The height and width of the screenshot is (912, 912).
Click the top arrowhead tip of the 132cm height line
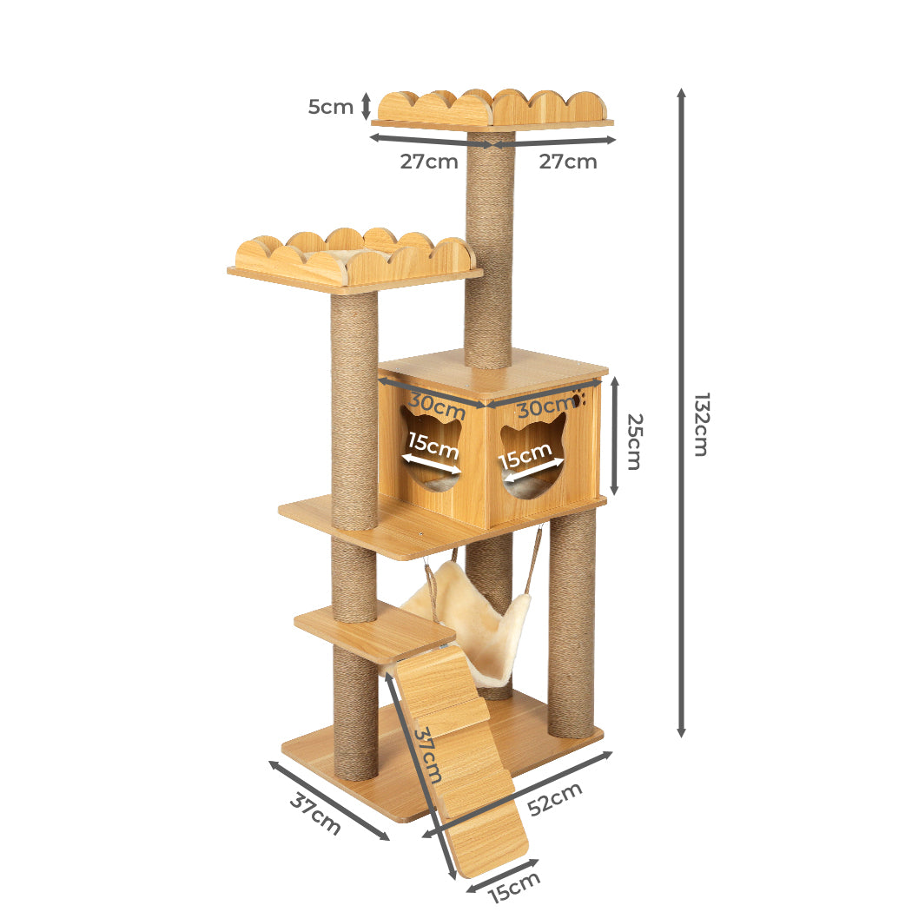click(682, 89)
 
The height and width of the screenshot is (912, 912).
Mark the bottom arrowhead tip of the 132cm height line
click(682, 737)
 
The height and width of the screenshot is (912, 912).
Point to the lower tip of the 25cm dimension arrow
click(613, 496)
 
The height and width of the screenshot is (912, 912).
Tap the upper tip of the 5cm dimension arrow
click(366, 93)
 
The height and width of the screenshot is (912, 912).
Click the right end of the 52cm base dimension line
click(612, 753)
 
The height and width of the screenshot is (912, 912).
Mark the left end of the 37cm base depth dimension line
click(268, 762)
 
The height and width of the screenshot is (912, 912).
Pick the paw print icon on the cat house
click(578, 399)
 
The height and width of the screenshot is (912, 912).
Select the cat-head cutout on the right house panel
click(532, 456)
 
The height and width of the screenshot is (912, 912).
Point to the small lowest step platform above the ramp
click(374, 632)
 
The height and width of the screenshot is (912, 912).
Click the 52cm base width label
click(555, 798)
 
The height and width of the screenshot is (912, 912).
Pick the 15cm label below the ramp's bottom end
click(514, 887)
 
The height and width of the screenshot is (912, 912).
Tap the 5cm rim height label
click(330, 107)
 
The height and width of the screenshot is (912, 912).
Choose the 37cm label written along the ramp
click(427, 754)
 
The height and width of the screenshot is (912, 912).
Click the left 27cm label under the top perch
click(429, 162)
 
